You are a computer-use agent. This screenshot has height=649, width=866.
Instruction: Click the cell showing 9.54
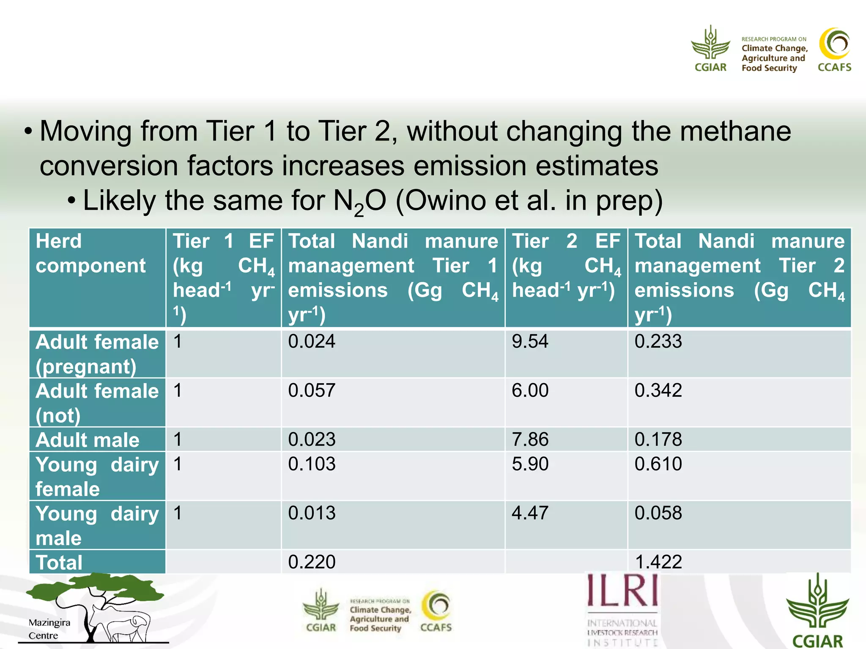pyautogui.click(x=530, y=341)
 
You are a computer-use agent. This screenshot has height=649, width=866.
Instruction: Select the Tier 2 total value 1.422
pyautogui.click(x=658, y=562)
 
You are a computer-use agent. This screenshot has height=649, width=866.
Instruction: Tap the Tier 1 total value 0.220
pyautogui.click(x=312, y=562)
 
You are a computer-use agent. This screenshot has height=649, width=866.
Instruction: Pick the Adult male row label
pyautogui.click(x=88, y=440)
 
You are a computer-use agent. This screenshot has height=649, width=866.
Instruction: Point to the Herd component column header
pyautogui.click(x=90, y=254)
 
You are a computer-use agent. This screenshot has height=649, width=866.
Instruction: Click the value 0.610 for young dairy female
pyautogui.click(x=658, y=464)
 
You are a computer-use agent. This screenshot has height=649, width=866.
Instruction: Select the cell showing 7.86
pyautogui.click(x=530, y=439)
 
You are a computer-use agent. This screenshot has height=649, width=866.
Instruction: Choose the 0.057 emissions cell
pyautogui.click(x=312, y=390)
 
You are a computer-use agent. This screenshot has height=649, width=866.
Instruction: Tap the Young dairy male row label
pyautogui.click(x=97, y=526)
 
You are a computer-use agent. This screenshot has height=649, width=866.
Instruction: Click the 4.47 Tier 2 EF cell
pyautogui.click(x=530, y=513)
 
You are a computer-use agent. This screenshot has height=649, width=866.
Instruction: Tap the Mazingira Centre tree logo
pyautogui.click(x=95, y=608)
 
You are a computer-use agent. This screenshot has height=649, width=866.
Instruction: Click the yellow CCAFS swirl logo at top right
pyautogui.click(x=834, y=44)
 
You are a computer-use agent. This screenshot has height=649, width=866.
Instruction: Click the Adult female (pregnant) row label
pyautogui.click(x=97, y=354)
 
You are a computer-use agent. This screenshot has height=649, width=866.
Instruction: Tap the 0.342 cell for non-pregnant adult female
pyautogui.click(x=658, y=390)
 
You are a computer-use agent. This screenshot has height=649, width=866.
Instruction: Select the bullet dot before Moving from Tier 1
pyautogui.click(x=28, y=131)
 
